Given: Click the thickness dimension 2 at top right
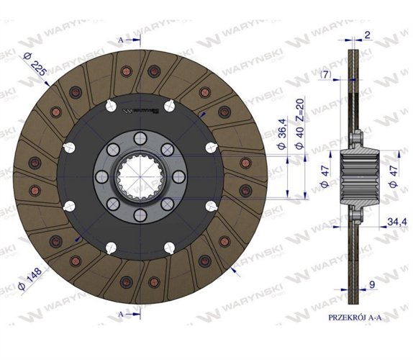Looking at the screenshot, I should (366, 35).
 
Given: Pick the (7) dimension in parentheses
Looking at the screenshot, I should (328, 74).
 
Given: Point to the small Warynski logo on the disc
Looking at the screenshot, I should (141, 112).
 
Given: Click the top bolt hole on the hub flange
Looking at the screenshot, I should (141, 141).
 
